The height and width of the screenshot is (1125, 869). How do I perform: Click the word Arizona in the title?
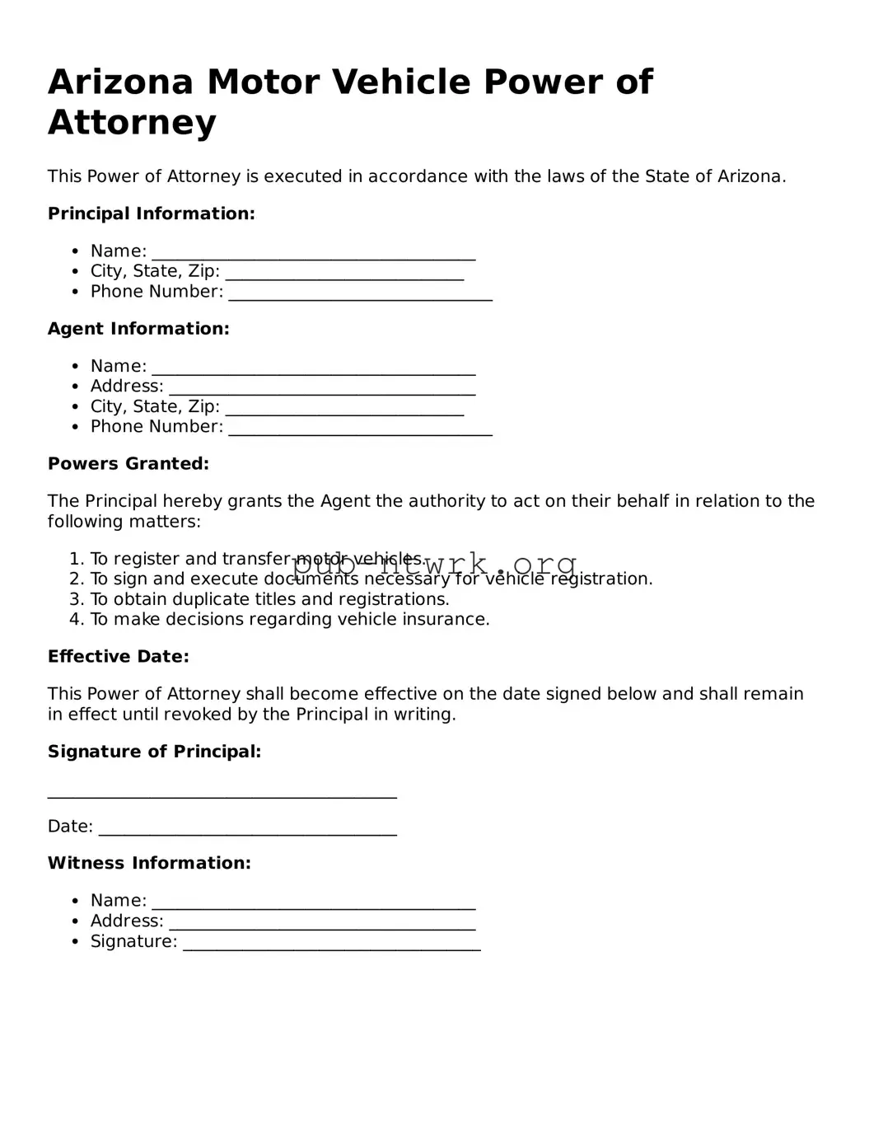click(x=121, y=82)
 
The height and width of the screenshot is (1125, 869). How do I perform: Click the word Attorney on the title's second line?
click(x=132, y=123)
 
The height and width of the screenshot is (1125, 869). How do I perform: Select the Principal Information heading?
click(x=152, y=214)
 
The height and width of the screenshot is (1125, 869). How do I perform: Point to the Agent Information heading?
click(x=138, y=329)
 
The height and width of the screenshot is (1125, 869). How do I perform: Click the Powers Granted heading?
click(x=128, y=464)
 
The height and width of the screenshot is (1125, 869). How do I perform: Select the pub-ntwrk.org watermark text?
click(x=435, y=565)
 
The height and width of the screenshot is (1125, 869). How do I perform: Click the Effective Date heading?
click(x=119, y=657)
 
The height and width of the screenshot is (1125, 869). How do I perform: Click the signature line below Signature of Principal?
click(x=222, y=795)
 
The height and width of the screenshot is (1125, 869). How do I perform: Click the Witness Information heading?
click(x=149, y=864)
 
